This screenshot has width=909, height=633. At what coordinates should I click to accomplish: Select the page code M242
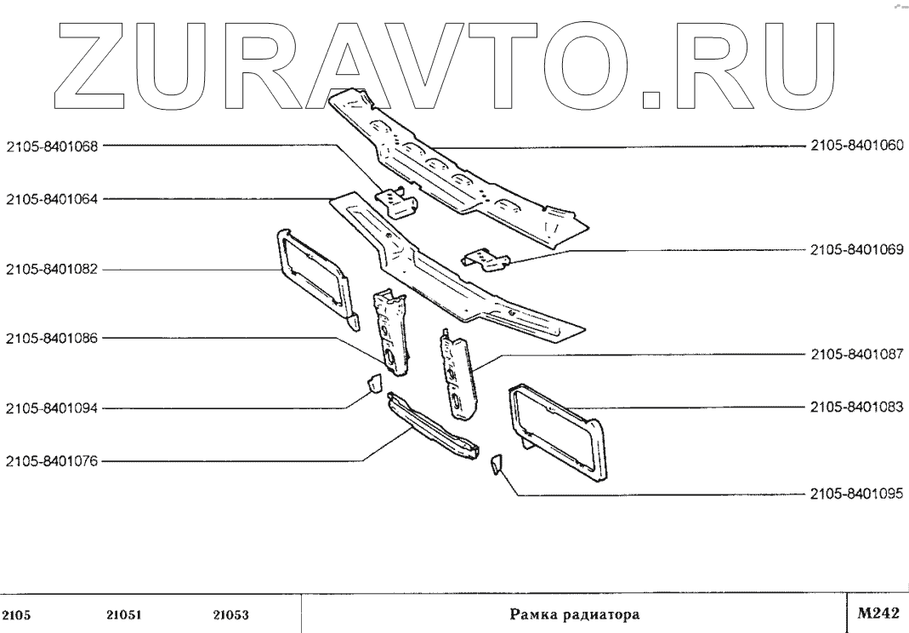pyautogui.click(x=876, y=613)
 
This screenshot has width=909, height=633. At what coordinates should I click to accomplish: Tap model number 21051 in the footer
pyautogui.click(x=123, y=613)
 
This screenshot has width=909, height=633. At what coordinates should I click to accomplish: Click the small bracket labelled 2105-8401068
pyautogui.click(x=397, y=202)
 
